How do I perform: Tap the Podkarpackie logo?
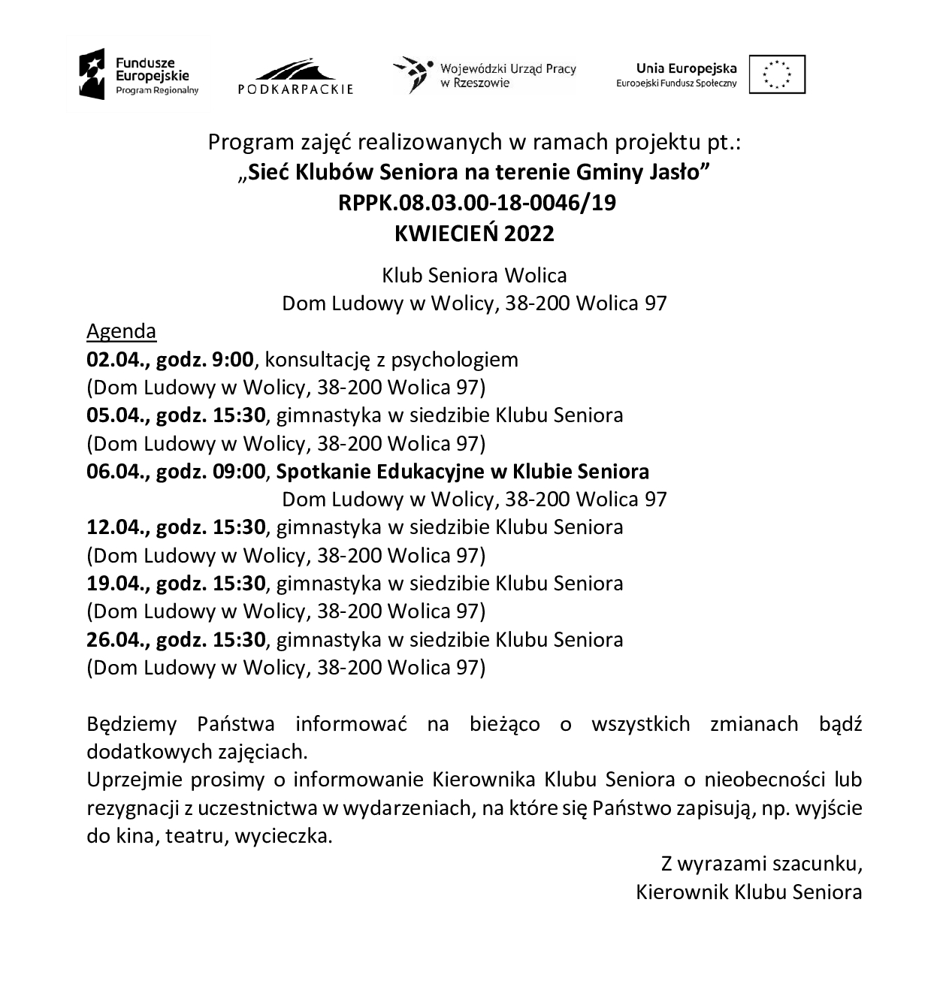click(295, 76)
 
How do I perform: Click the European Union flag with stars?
click(776, 74)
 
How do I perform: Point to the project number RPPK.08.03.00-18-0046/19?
click(474, 203)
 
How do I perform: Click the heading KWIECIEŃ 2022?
click(474, 234)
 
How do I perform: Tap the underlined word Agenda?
click(122, 331)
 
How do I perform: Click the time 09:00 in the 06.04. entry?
click(239, 472)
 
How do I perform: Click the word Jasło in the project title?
click(676, 173)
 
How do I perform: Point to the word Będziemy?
click(132, 725)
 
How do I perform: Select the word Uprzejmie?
click(132, 780)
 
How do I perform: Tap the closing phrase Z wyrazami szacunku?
click(761, 864)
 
